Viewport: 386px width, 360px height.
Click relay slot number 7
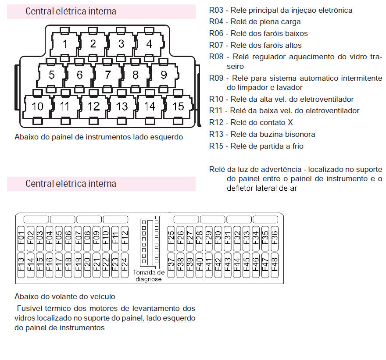107,75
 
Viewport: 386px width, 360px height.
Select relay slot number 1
65,44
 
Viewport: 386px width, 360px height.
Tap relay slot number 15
178,106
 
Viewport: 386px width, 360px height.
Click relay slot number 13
122,106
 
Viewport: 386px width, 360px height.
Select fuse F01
21,239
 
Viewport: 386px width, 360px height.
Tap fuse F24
125,265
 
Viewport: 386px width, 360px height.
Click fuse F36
275,239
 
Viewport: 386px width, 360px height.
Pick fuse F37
171,265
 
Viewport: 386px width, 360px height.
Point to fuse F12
125,239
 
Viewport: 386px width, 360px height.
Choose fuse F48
275,265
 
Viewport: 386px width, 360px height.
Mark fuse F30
218,239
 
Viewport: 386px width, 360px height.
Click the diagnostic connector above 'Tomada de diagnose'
150,242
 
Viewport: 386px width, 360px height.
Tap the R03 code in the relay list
216,11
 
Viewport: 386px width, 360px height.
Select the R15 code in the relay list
216,146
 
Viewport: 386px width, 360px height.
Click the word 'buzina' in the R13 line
264,134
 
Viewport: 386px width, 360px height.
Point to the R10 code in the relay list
216,99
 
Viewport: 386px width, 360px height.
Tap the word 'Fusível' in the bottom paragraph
29,308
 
